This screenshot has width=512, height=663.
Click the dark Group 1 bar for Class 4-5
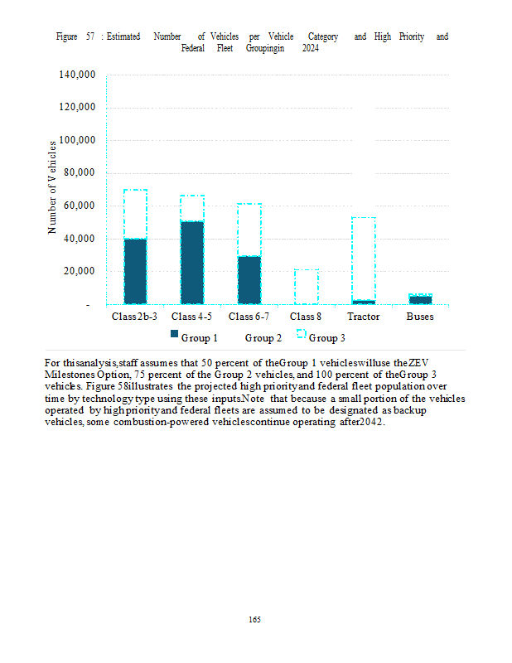coord(192,262)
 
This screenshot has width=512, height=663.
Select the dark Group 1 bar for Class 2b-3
coord(135,271)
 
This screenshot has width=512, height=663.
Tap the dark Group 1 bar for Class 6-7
coord(249,279)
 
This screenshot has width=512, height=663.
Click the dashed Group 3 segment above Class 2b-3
coord(135,214)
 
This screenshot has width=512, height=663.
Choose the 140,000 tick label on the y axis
coord(80,75)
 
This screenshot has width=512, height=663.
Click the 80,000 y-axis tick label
coord(82,172)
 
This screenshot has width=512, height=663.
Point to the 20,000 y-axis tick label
coord(82,271)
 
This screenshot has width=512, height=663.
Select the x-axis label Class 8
coord(306,317)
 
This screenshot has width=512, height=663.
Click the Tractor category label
coord(363,317)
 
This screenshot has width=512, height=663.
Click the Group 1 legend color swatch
coord(174,334)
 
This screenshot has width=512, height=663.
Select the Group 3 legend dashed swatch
coord(302,334)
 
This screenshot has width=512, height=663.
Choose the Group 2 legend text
coord(263,337)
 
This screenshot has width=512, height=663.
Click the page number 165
coord(255,619)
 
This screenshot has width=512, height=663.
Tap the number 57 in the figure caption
coord(90,37)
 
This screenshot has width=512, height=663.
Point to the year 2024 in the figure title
coord(311,48)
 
